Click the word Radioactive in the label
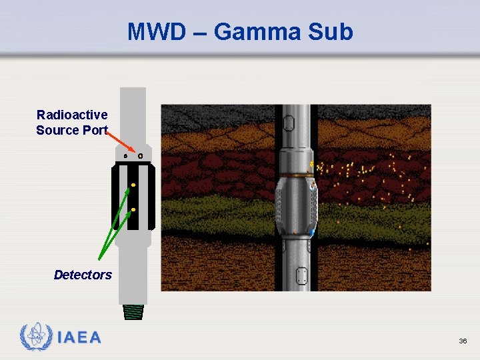pyautogui.click(x=72, y=115)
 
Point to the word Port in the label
pyautogui.click(x=95, y=130)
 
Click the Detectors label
pyautogui.click(x=83, y=275)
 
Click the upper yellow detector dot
pyautogui.click(x=133, y=184)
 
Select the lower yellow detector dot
pyautogui.click(x=133, y=210)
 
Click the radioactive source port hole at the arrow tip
pyautogui.click(x=140, y=156)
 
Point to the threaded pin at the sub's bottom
pyautogui.click(x=133, y=312)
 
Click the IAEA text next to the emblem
pyautogui.click(x=79, y=337)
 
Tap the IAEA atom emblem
pyautogui.click(x=36, y=337)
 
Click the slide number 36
pyautogui.click(x=463, y=341)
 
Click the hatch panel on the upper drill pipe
pyautogui.click(x=289, y=123)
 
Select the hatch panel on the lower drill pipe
pyautogui.click(x=302, y=275)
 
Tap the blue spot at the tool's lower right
pyautogui.click(x=312, y=231)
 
